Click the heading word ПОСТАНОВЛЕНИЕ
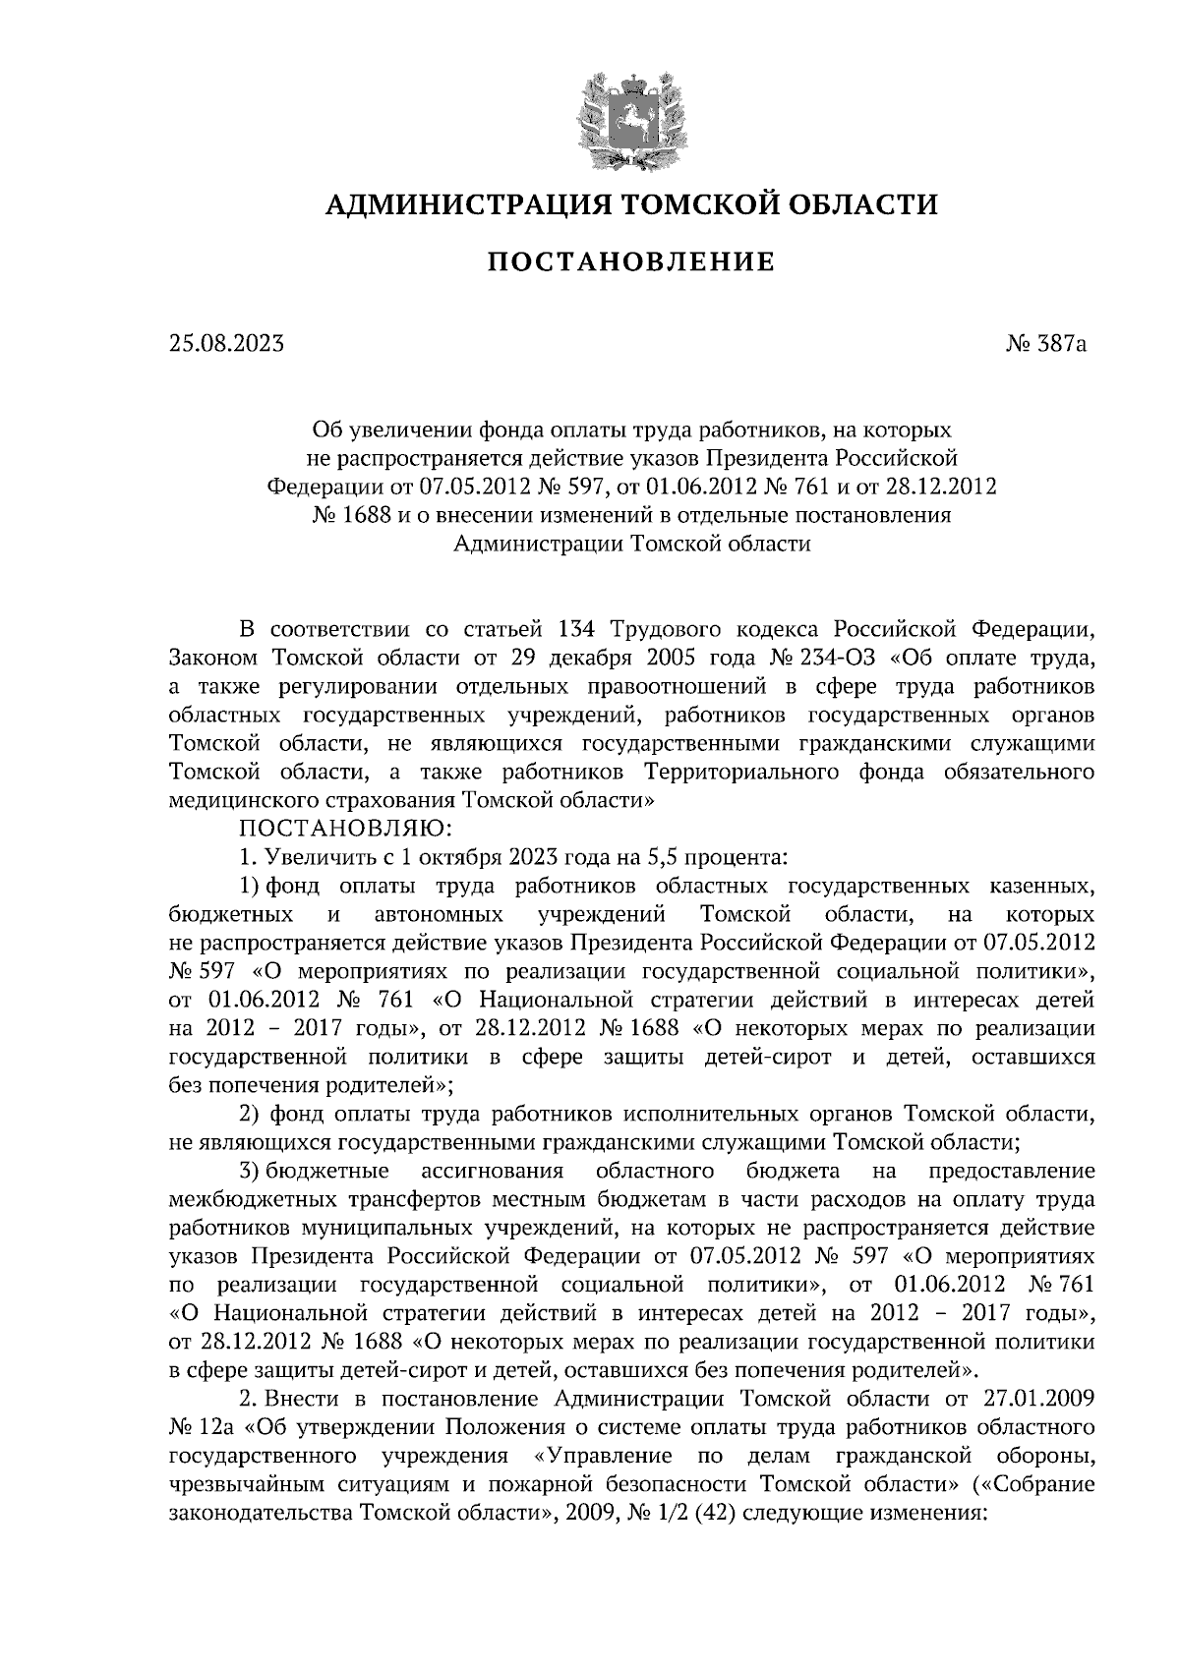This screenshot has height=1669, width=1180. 631,261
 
